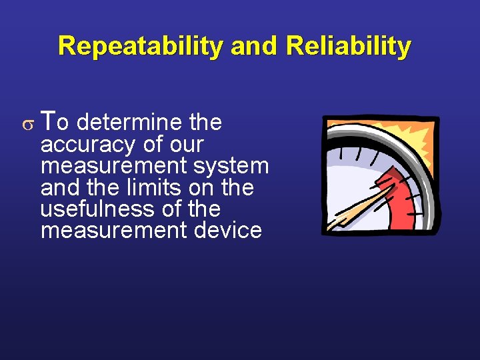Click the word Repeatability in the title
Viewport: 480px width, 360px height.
pos(141,47)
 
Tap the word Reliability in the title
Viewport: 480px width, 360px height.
pos(348,47)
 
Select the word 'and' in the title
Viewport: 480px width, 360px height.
pos(254,47)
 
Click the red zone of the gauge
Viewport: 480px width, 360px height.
pos(400,200)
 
